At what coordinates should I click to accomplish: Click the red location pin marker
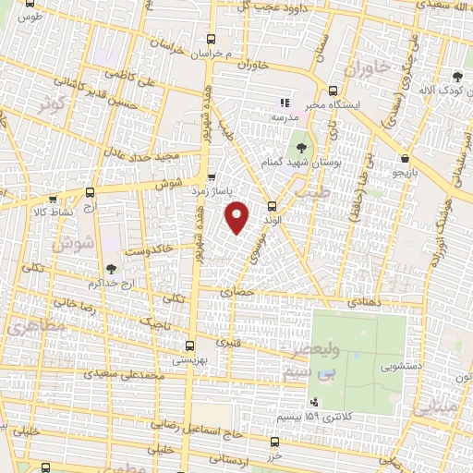238,218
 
